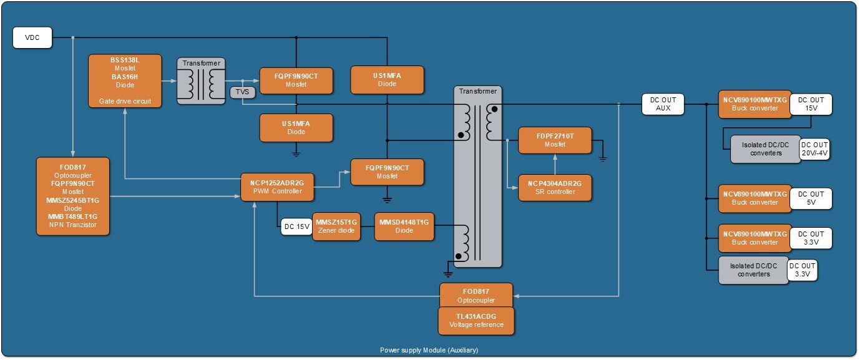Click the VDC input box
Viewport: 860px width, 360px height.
pyautogui.click(x=32, y=38)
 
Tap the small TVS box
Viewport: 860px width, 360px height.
pyautogui.click(x=240, y=92)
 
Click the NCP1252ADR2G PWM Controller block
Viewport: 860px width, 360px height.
pyautogui.click(x=278, y=187)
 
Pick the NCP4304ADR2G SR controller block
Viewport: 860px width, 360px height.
pyautogui.click(x=555, y=187)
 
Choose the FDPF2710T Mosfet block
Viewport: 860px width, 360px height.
pyautogui.click(x=555, y=140)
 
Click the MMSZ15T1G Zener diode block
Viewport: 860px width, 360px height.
pyautogui.click(x=337, y=226)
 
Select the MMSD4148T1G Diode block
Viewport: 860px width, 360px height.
pyautogui.click(x=404, y=226)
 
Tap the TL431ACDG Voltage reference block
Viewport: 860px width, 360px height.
pyautogui.click(x=477, y=321)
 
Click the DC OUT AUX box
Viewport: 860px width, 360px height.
pyautogui.click(x=663, y=104)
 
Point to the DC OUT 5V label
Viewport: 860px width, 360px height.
pyautogui.click(x=811, y=198)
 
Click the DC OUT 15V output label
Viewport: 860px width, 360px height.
pyautogui.click(x=811, y=104)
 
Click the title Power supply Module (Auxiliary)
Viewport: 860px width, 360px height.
pyautogui.click(x=429, y=349)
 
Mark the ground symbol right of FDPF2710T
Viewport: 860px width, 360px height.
pyautogui.click(x=602, y=158)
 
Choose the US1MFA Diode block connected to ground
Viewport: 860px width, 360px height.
pyautogui.click(x=296, y=128)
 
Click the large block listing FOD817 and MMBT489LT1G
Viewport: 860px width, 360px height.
pyautogui.click(x=73, y=196)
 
